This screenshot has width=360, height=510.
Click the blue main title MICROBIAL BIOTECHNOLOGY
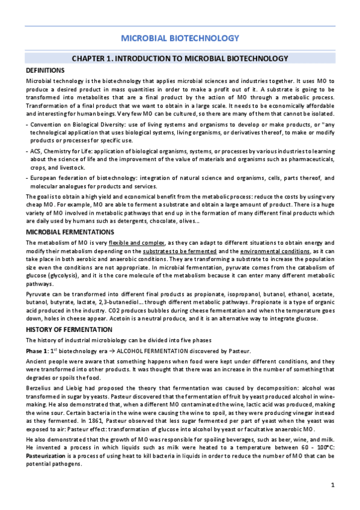click(180, 38)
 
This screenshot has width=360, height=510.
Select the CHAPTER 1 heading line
click(180, 58)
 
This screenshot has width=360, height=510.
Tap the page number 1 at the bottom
click(332, 485)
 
